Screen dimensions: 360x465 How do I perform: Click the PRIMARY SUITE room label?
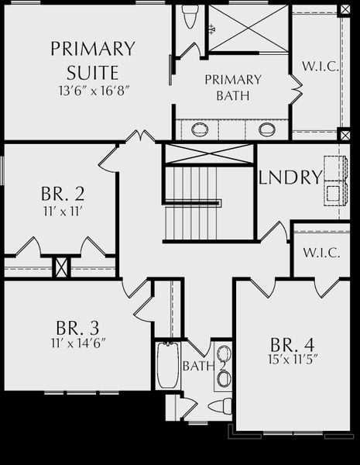(x=93, y=60)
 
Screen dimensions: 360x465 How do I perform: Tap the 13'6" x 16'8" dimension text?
(x=94, y=91)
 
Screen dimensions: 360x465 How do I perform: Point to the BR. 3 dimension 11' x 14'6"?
(x=78, y=343)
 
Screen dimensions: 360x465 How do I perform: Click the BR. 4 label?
(x=292, y=345)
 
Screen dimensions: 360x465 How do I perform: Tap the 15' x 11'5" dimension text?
(x=293, y=360)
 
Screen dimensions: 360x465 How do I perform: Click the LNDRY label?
(x=290, y=177)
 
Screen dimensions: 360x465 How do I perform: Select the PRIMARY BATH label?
(x=233, y=88)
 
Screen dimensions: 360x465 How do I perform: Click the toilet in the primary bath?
(x=190, y=16)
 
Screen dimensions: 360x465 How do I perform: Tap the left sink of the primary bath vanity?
(x=200, y=129)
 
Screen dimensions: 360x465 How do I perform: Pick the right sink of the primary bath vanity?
(x=266, y=129)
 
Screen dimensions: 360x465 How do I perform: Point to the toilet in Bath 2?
(x=220, y=406)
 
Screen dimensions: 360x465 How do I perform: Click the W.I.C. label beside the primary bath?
(x=320, y=66)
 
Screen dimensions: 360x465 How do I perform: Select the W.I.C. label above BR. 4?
(x=321, y=253)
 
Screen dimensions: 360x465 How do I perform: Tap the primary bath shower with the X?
(x=249, y=28)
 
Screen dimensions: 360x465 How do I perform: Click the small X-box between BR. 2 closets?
(x=61, y=267)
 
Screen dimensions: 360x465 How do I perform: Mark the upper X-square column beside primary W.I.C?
(x=345, y=10)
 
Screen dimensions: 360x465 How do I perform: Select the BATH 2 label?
(x=204, y=366)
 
